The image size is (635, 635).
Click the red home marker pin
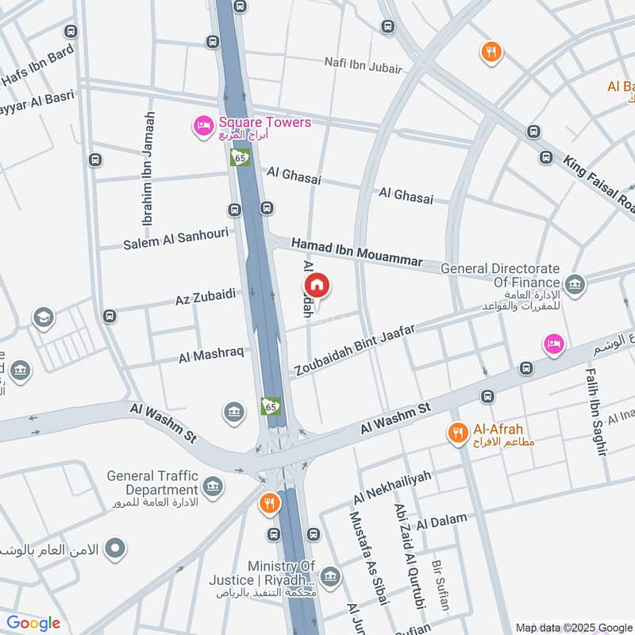tap(316, 285)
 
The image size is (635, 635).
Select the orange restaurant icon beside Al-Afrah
tap(456, 433)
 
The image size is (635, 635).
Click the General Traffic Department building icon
tap(212, 485)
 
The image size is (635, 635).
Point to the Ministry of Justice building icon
tap(331, 575)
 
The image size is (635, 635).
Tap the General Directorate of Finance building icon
tap(575, 283)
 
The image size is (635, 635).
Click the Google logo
tap(33, 623)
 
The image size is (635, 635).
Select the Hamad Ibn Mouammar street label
tap(357, 252)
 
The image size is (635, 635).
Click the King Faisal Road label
tap(599, 184)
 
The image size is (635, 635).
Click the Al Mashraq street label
tap(211, 355)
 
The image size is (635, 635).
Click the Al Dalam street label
tap(441, 521)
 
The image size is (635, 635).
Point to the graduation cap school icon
tap(44, 318)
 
